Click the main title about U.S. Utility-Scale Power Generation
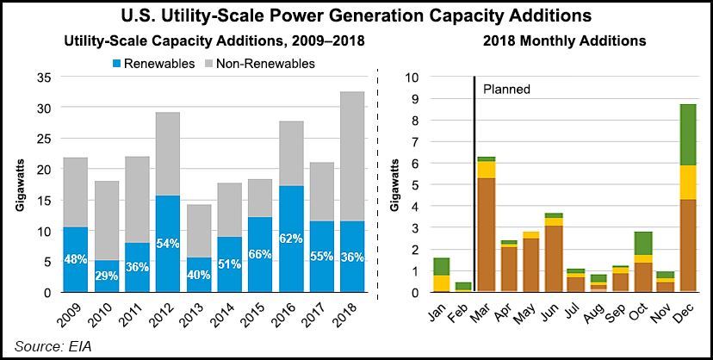356,16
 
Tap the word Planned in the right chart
506,89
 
